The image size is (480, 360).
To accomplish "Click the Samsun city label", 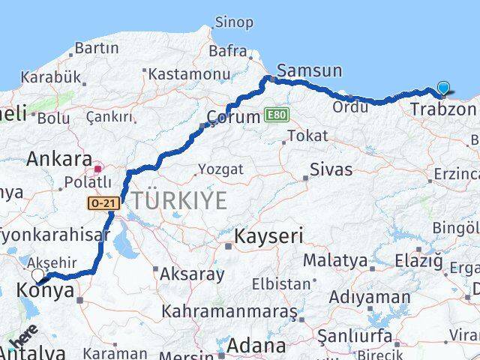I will (x=309, y=71).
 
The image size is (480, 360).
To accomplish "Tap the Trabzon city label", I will (x=443, y=109).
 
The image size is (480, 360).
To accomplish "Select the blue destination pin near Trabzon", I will (x=443, y=88).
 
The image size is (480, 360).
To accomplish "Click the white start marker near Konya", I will (x=38, y=275).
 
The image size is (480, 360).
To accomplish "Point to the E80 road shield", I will (x=275, y=115).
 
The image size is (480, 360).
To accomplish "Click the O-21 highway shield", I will (x=103, y=202).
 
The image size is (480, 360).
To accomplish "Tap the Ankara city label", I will (x=58, y=160).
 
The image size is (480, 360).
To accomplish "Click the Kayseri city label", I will (x=268, y=238).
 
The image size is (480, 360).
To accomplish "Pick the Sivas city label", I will (x=331, y=169).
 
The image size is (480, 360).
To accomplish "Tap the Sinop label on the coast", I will (x=234, y=22).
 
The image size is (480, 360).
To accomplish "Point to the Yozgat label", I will (x=221, y=169).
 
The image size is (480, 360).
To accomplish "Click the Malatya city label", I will (x=334, y=261).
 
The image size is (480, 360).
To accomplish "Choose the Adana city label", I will (x=258, y=346).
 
